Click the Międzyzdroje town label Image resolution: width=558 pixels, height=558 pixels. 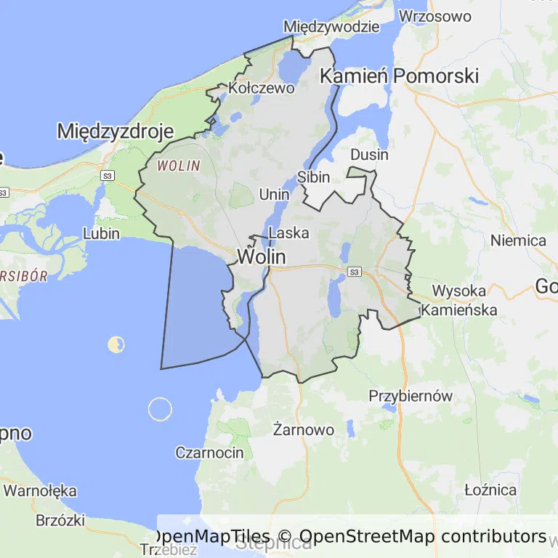click(115, 132)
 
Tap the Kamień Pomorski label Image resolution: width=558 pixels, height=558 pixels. click(400, 76)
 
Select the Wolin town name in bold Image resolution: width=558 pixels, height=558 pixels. click(261, 256)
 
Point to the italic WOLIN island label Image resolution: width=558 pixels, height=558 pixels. click(178, 166)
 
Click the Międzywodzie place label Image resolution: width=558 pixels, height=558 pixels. click(331, 27)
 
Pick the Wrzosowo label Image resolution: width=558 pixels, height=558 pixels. click(435, 15)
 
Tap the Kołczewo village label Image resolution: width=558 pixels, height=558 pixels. click(261, 88)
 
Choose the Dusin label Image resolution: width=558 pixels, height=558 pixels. click(369, 155)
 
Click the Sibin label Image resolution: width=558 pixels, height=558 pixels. click(314, 177)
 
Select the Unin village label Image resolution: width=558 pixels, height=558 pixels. click(274, 194)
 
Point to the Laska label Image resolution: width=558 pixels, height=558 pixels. click(288, 233)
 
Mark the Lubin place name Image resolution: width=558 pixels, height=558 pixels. click(101, 234)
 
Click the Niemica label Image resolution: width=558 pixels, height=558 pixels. click(518, 240)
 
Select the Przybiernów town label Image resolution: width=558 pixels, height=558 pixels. click(411, 396)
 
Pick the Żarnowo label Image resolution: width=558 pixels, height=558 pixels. click(303, 429)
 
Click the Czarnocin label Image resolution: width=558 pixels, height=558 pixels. click(209, 453)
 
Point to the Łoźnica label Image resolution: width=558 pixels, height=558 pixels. click(490, 489)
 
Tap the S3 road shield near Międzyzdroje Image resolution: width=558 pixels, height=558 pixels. click(108, 176)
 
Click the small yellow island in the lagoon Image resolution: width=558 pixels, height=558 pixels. click(116, 344)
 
